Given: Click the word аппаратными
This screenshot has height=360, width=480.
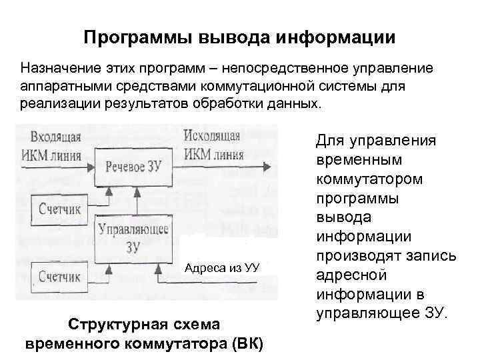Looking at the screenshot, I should (61, 87).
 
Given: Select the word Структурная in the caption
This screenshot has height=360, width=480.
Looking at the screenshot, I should (106, 325).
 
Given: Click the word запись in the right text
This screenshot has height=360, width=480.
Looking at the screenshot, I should (431, 255).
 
